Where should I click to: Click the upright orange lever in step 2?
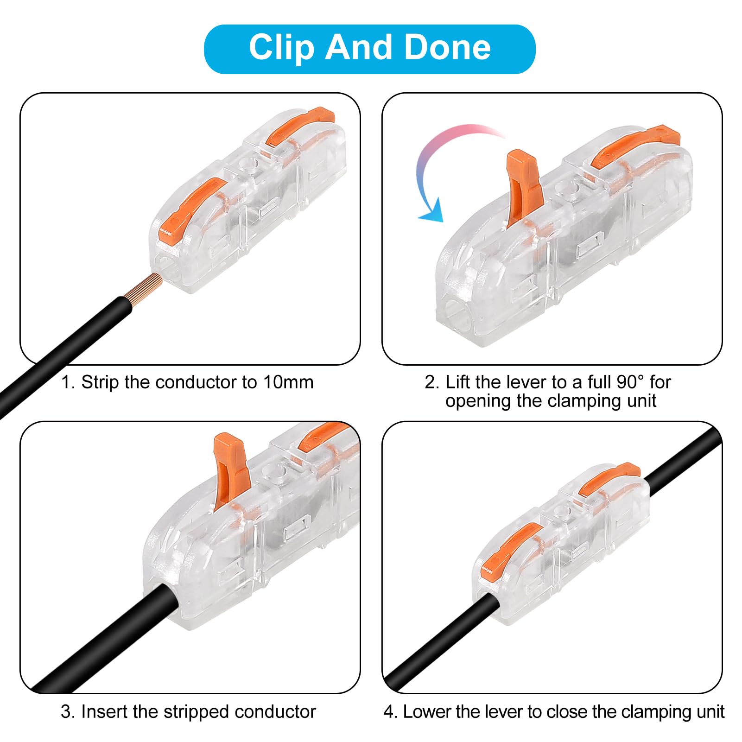click(524, 185)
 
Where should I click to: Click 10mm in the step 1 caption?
click(288, 382)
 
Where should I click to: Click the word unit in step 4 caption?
click(710, 712)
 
